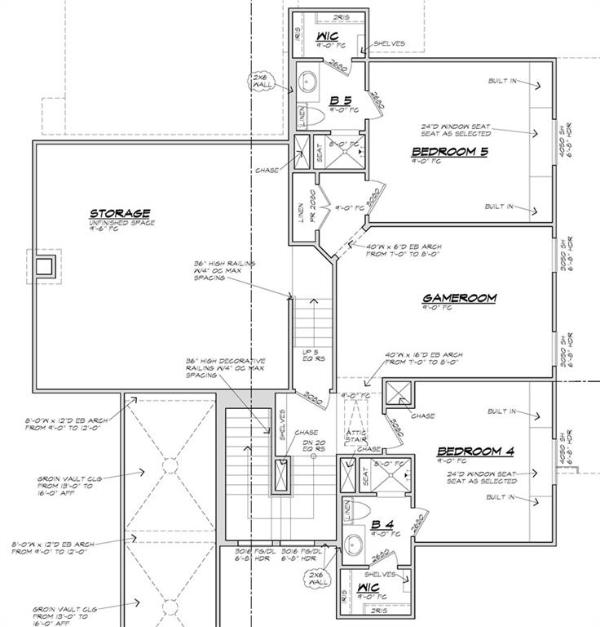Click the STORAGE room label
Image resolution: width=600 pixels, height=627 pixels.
(x=120, y=214)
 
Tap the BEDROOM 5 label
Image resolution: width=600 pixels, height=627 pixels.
(x=449, y=151)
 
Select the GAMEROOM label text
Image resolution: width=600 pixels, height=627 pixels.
(x=459, y=298)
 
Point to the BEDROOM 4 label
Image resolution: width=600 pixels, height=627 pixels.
(x=474, y=451)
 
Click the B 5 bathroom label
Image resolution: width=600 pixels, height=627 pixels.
(x=340, y=101)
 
